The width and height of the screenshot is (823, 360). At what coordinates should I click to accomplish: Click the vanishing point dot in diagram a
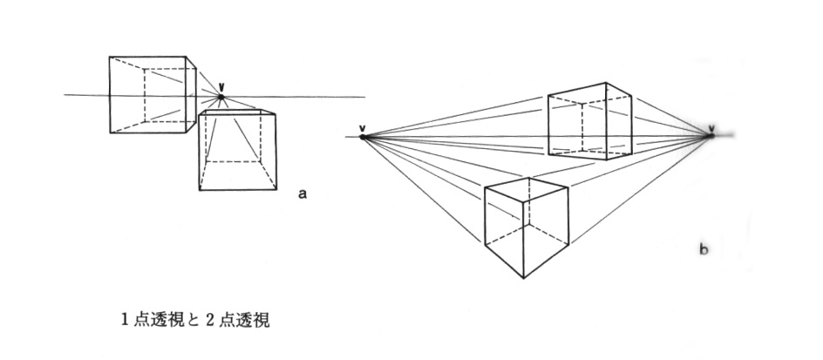[x=221, y=97]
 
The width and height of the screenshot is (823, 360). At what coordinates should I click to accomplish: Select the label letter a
[x=302, y=194]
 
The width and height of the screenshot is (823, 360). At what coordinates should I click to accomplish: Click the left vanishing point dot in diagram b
[x=363, y=138]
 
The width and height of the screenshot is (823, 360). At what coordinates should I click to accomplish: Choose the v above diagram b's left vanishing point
[x=363, y=128]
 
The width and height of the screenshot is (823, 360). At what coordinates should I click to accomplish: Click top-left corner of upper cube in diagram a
[x=110, y=57]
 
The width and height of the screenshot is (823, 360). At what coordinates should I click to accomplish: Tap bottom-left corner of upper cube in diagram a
[x=110, y=133]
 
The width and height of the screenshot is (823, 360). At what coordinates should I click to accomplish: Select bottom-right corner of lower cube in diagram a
[x=276, y=190]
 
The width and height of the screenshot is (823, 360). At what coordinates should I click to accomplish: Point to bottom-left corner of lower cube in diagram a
[x=199, y=190]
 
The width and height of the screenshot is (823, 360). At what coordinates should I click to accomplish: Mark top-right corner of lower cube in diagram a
[x=276, y=112]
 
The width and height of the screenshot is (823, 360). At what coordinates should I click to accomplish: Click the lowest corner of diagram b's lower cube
[x=523, y=278]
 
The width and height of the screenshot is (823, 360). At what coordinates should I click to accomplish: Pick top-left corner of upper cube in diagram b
[x=548, y=94]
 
